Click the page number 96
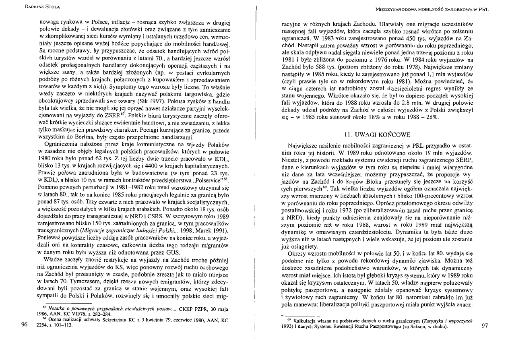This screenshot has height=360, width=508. pyautogui.click(x=24, y=324)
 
